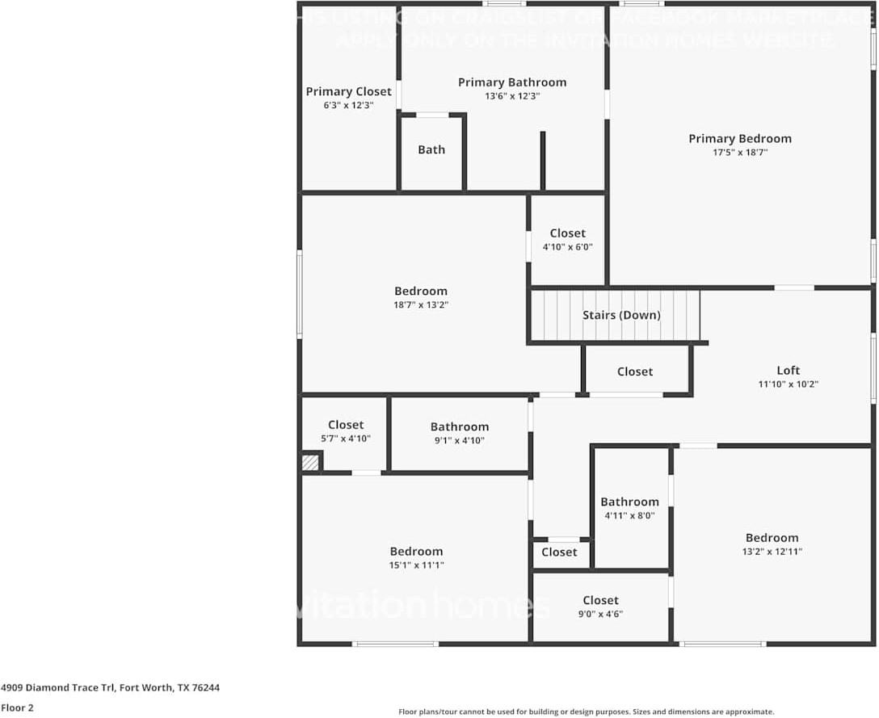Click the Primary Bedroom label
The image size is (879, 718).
pyautogui.click(x=739, y=138)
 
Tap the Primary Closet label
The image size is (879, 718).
pyautogui.click(x=348, y=91)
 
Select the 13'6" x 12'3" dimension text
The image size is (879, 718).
pyautogui.click(x=512, y=96)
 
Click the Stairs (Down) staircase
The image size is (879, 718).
pyautogui.click(x=615, y=315)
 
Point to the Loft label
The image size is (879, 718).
pyautogui.click(x=788, y=370)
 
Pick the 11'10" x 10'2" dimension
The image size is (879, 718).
pyautogui.click(x=788, y=384)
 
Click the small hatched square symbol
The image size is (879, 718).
pyautogui.click(x=310, y=463)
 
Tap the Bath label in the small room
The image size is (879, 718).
pyautogui.click(x=431, y=149)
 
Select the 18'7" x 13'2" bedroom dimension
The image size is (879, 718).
pyautogui.click(x=420, y=305)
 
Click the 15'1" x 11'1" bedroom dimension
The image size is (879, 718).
pyautogui.click(x=416, y=565)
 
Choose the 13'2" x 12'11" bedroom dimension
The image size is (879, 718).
pyautogui.click(x=772, y=552)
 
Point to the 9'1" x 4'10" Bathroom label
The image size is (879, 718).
pyautogui.click(x=459, y=426)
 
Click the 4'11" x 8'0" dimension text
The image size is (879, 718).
pyautogui.click(x=629, y=515)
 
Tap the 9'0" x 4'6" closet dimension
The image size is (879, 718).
pyautogui.click(x=600, y=614)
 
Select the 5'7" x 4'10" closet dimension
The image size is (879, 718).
pyautogui.click(x=346, y=439)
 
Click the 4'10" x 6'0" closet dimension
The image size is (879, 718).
pyautogui.click(x=567, y=247)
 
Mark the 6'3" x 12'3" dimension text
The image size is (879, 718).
pyautogui.click(x=348, y=105)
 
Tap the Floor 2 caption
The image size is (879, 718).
pyautogui.click(x=17, y=708)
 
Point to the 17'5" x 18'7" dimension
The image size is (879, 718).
pyautogui.click(x=739, y=152)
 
